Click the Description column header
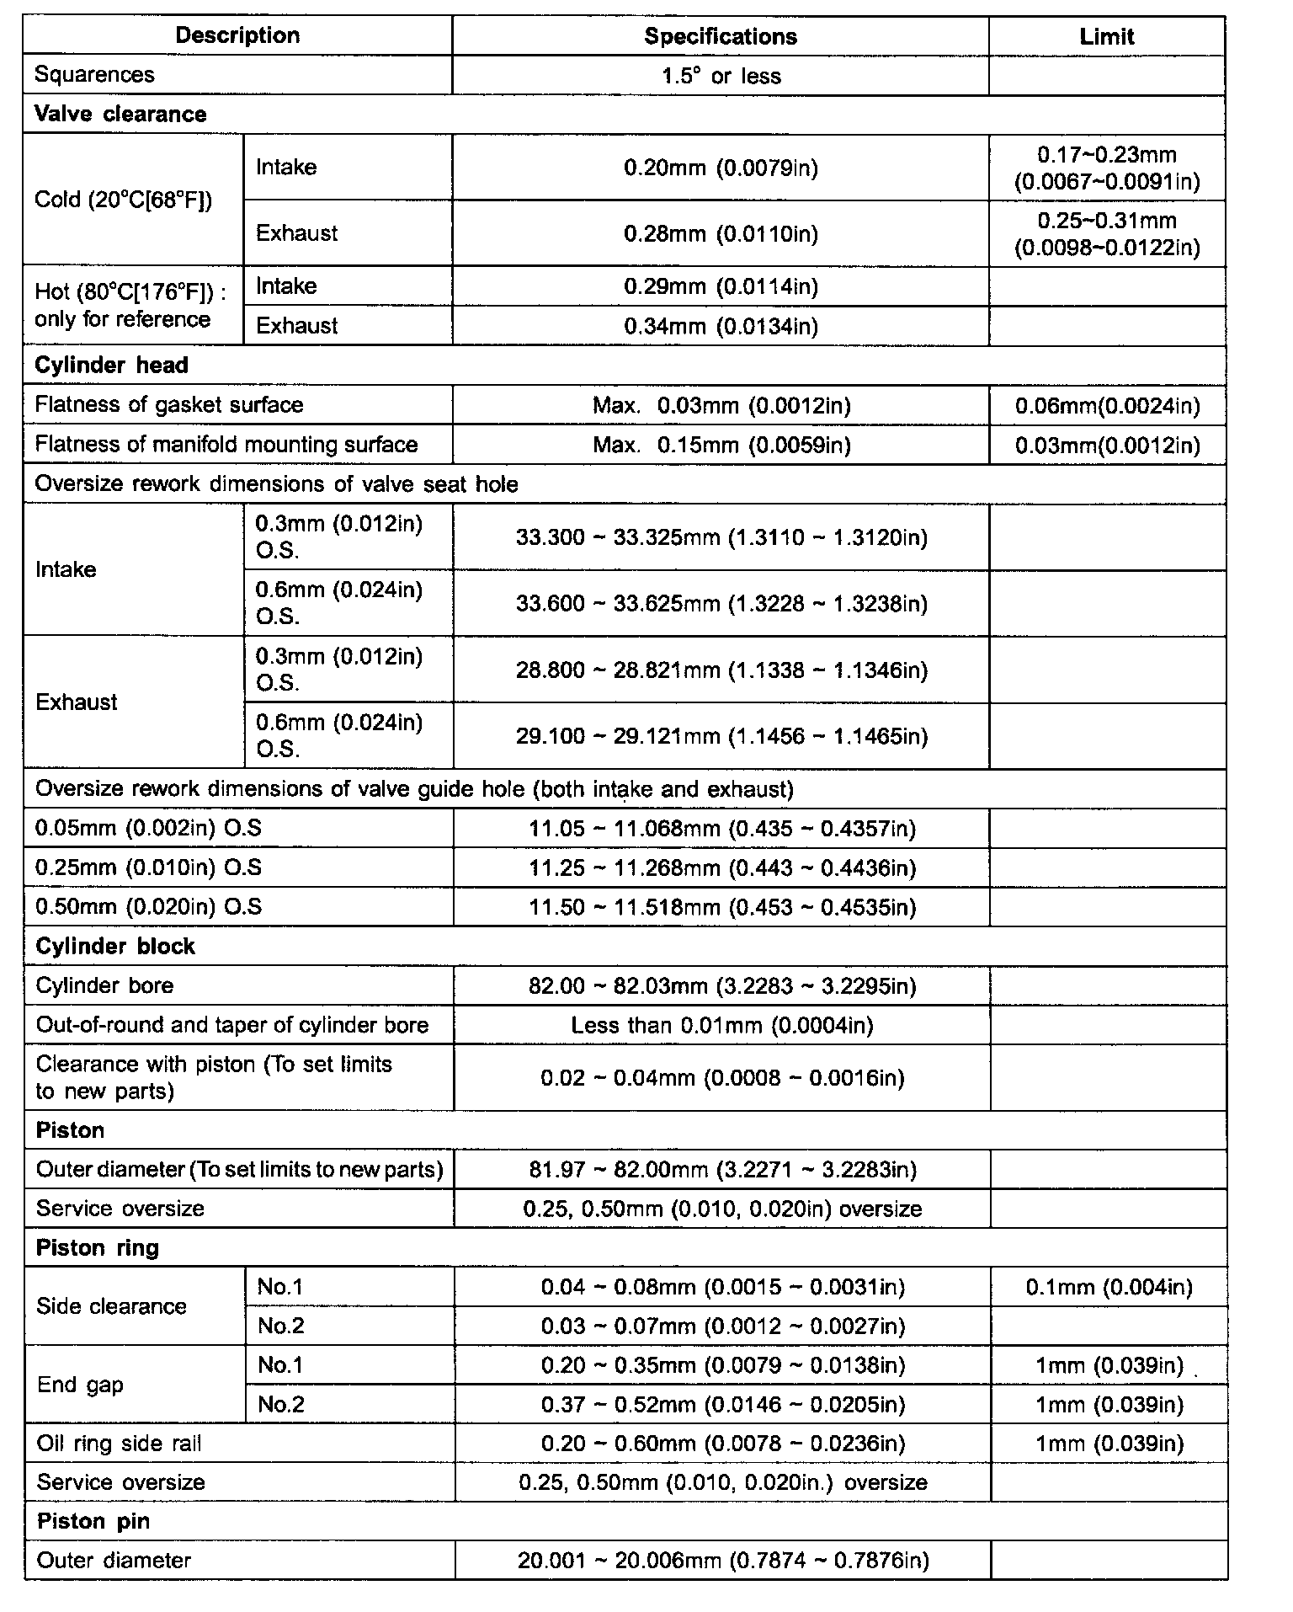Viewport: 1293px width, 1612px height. click(237, 35)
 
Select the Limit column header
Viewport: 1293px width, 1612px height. click(1106, 36)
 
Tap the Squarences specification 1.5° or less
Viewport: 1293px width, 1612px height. click(721, 76)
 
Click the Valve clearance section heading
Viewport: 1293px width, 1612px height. click(120, 114)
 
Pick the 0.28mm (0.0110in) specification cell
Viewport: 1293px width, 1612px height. click(721, 233)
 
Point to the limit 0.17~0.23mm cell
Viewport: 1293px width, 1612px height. click(1106, 168)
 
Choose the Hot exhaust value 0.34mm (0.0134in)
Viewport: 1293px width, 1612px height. click(721, 326)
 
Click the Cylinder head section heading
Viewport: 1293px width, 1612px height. click(111, 365)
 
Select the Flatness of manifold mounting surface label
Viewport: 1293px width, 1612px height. click(226, 444)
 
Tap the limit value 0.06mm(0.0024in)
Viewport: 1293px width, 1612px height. click(1107, 406)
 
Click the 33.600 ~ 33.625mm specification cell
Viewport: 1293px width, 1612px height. click(721, 603)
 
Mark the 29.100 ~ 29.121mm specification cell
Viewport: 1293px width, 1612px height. click(721, 736)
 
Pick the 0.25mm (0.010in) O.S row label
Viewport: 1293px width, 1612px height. click(148, 867)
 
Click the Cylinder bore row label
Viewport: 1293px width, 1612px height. click(104, 985)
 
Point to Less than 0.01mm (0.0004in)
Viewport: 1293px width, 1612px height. click(721, 1025)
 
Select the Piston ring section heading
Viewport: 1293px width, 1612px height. click(97, 1247)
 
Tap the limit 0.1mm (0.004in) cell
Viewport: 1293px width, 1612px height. click(1109, 1287)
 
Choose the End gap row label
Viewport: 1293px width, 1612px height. click(80, 1385)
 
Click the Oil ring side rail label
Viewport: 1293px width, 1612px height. click(119, 1444)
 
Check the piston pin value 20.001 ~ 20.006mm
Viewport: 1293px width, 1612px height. click(723, 1561)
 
